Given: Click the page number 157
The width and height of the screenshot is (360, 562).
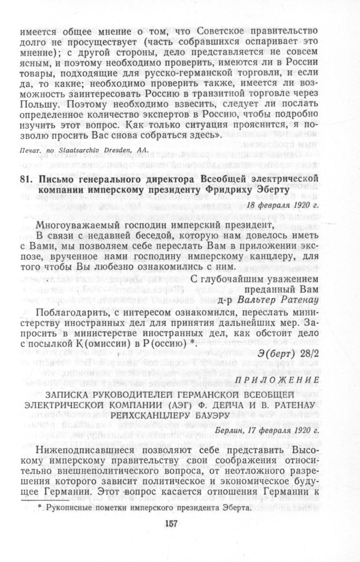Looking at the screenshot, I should coord(172,524).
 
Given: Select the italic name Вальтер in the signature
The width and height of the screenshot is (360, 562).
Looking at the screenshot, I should coord(257,299).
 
